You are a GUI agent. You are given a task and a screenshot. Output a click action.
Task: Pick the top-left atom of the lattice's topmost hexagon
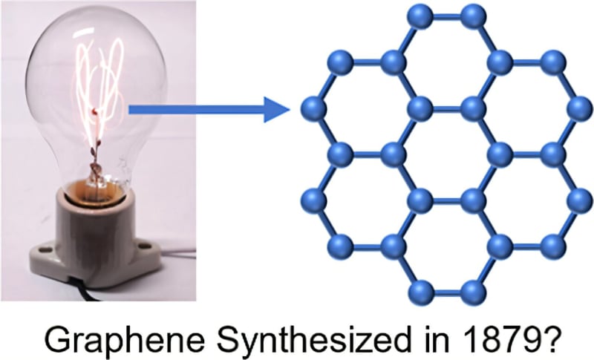[420, 14]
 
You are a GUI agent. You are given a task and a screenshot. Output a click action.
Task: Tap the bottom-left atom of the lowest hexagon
[420, 288]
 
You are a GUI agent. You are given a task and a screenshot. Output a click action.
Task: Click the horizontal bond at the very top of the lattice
[446, 14]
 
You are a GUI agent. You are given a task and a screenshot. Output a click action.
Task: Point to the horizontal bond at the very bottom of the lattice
[446, 288]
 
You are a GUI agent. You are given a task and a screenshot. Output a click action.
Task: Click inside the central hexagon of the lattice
[446, 154]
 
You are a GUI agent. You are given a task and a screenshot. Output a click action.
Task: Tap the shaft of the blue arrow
[193, 111]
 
